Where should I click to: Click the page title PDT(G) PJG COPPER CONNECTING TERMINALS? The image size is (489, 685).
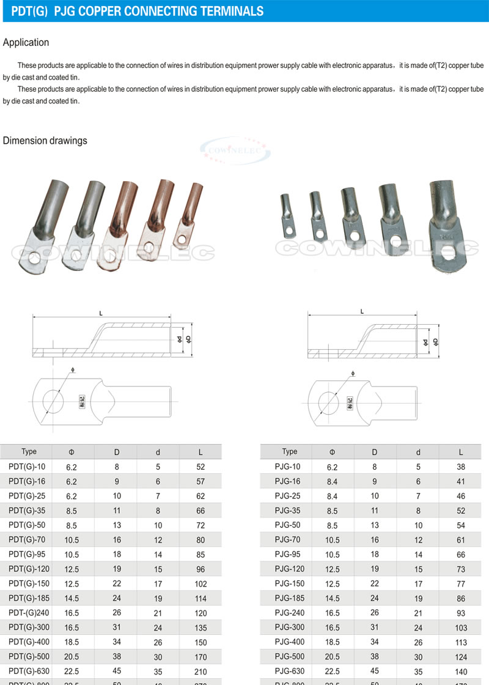click(x=138, y=11)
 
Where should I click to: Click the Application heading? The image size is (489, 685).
click(x=26, y=43)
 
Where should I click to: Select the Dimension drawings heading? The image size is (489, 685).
click(x=45, y=141)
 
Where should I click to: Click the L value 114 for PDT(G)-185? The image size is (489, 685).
click(x=200, y=598)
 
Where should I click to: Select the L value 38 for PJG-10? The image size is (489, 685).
click(x=461, y=467)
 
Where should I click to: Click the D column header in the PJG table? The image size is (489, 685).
click(x=375, y=452)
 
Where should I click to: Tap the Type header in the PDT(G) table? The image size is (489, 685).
click(x=29, y=452)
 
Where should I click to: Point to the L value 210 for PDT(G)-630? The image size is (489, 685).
click(x=200, y=672)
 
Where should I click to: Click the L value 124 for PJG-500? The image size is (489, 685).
click(x=461, y=657)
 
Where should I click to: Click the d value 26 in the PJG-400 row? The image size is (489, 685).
click(x=418, y=642)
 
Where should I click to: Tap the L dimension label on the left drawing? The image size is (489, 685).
click(x=101, y=313)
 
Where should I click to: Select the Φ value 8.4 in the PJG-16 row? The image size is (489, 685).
click(x=332, y=481)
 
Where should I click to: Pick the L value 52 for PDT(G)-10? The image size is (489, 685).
click(x=200, y=467)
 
